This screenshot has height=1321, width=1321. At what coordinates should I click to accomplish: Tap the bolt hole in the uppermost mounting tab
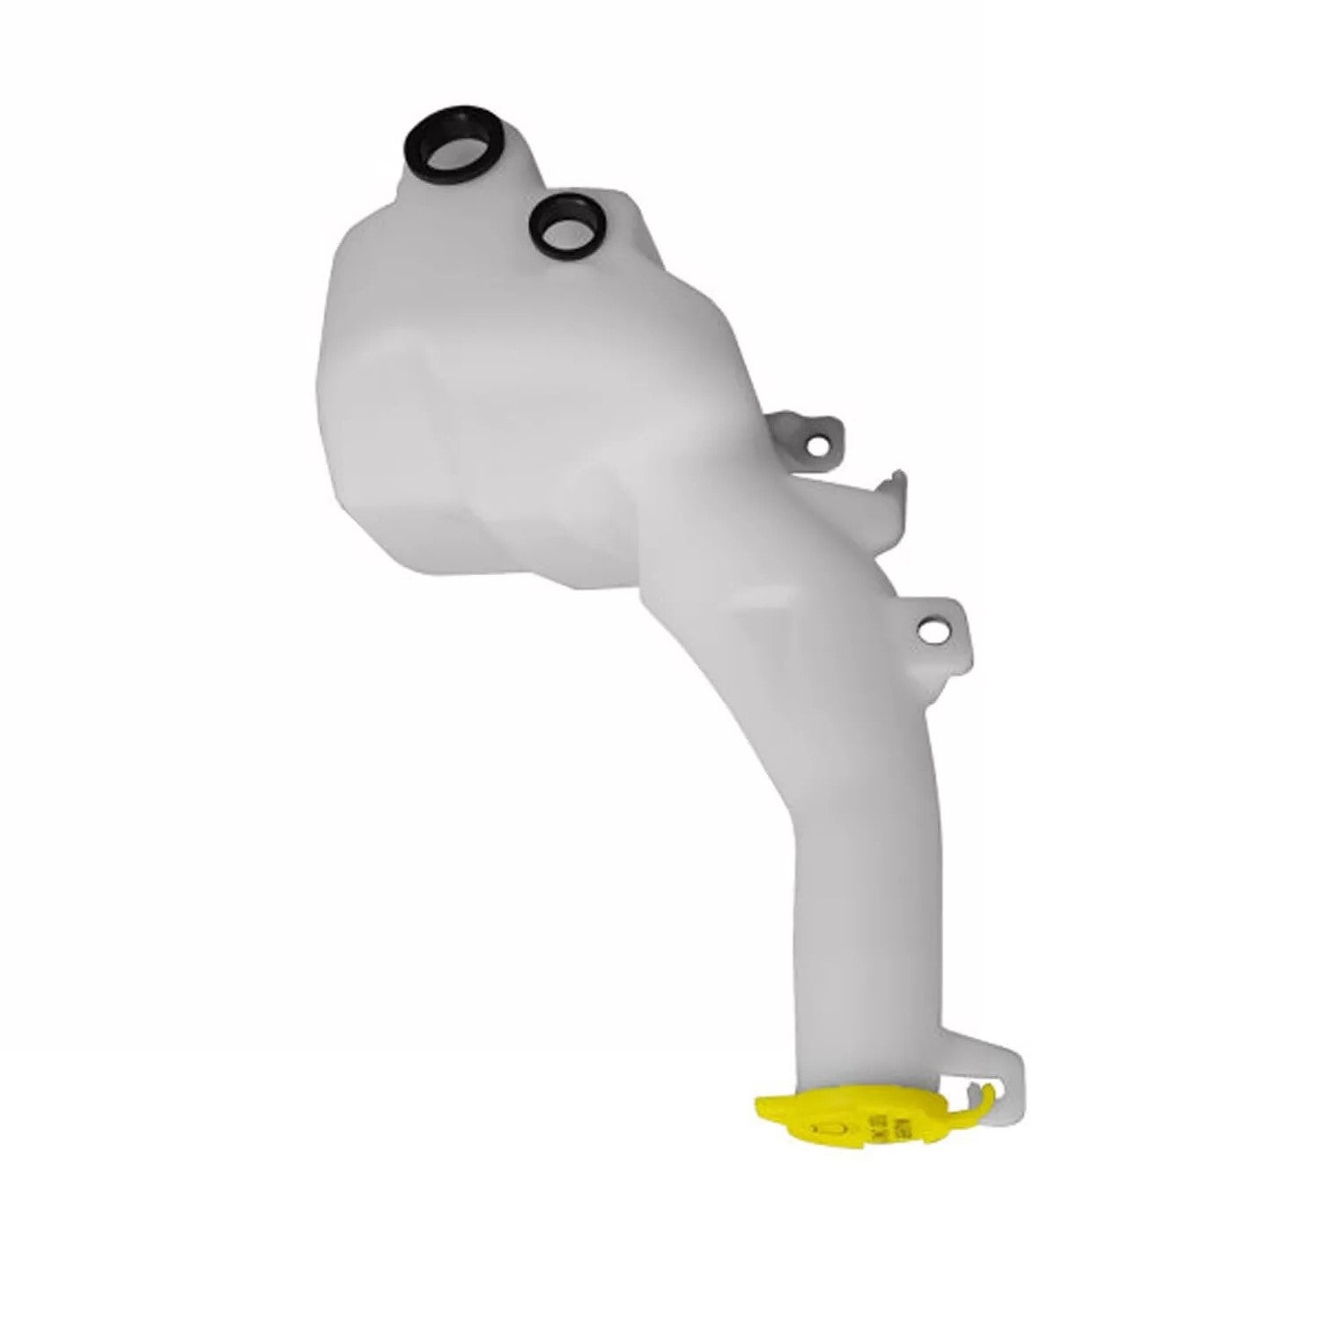(824, 446)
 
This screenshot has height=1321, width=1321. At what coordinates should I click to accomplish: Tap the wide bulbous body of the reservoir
(511, 423)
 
